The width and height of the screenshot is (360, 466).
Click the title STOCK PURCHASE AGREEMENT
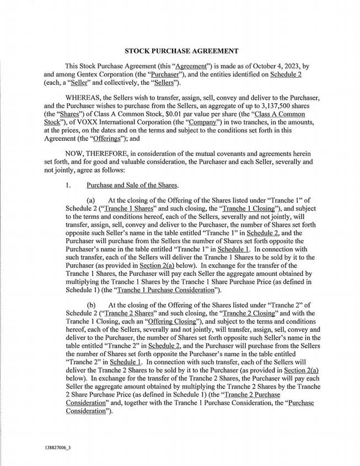(181, 51)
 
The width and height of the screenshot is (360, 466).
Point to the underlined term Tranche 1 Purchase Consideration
(156, 289)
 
